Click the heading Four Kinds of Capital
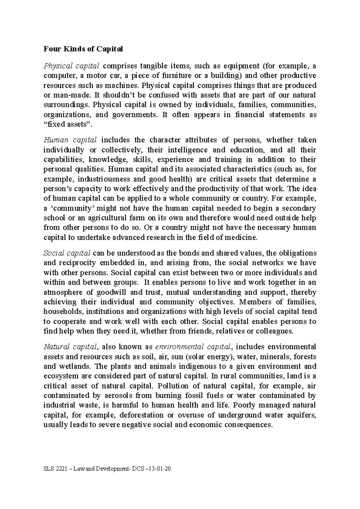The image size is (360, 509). point(83,49)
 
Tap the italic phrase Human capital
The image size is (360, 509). point(70,140)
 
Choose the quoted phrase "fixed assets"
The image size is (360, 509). point(67,124)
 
